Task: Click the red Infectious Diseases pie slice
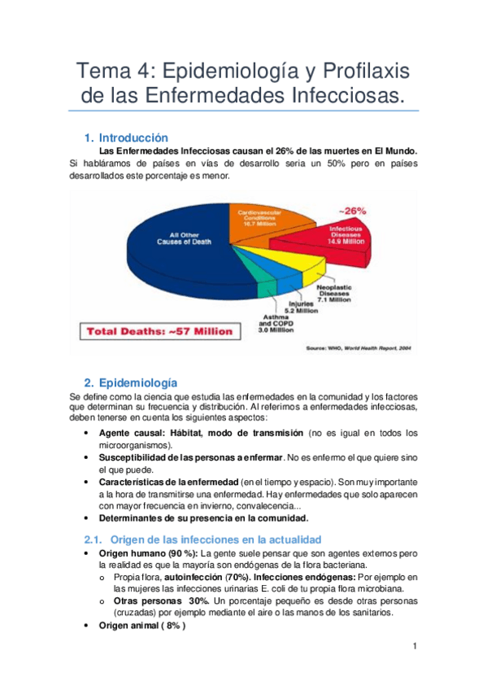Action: [x=325, y=244]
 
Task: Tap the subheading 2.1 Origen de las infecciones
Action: [x=203, y=539]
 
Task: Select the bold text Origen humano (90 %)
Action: [x=141, y=553]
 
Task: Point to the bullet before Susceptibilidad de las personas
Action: [x=87, y=458]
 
